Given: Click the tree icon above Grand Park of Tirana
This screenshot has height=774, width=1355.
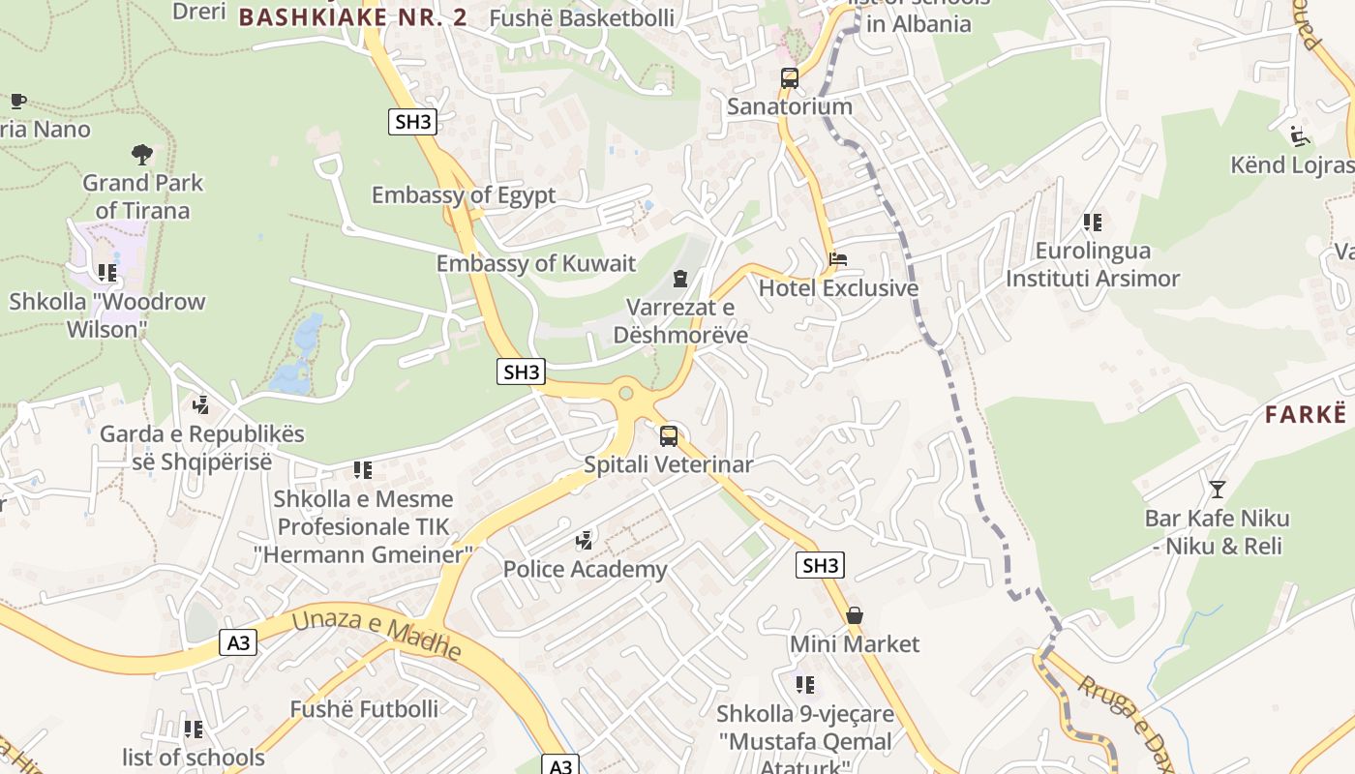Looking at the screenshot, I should pyautogui.click(x=142, y=154).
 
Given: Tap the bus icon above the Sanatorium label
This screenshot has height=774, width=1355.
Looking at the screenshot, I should pyautogui.click(x=790, y=78).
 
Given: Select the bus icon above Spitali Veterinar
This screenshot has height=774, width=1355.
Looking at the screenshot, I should pyautogui.click(x=669, y=435).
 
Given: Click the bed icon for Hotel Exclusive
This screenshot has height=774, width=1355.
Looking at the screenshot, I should pyautogui.click(x=838, y=259).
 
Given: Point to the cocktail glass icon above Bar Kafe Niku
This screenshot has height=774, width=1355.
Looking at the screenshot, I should pyautogui.click(x=1217, y=489).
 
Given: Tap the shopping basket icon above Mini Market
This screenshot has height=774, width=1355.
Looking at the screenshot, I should pyautogui.click(x=855, y=615).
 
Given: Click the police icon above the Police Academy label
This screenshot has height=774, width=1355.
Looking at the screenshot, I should pyautogui.click(x=585, y=540).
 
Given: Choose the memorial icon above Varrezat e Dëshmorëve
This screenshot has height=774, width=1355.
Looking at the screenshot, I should pyautogui.click(x=680, y=279).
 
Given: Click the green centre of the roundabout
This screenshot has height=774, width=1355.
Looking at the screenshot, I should pyautogui.click(x=626, y=394).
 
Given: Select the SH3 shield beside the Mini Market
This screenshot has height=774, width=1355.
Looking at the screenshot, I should pyautogui.click(x=820, y=565).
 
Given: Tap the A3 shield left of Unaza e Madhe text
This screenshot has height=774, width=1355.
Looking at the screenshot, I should pyautogui.click(x=238, y=642).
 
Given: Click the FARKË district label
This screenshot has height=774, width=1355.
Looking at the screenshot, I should pyautogui.click(x=1306, y=414).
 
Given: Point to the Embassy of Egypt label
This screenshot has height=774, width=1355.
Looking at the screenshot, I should pyautogui.click(x=464, y=194).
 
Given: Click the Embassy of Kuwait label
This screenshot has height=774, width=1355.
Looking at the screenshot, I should pyautogui.click(x=536, y=263).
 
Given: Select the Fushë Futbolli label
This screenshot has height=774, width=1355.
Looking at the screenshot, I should pyautogui.click(x=364, y=709).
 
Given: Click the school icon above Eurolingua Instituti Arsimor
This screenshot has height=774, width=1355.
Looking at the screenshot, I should pyautogui.click(x=1093, y=223).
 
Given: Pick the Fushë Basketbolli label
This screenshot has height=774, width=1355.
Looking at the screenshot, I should pyautogui.click(x=568, y=17).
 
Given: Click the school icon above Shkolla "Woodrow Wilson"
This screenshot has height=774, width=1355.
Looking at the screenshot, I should pyautogui.click(x=107, y=273).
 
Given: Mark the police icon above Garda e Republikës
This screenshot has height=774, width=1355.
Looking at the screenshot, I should pyautogui.click(x=201, y=404).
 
